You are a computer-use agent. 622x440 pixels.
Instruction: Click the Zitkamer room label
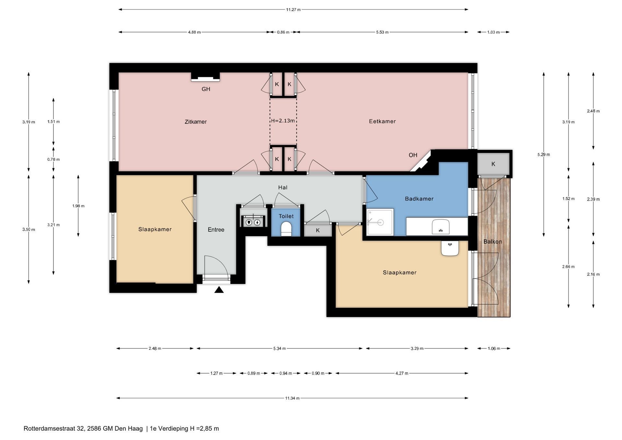tap(196, 122)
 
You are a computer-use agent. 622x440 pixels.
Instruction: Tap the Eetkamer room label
tap(382, 122)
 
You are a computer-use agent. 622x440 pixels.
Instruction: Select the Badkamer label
tap(419, 199)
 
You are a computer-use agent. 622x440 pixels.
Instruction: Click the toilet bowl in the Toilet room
tap(286, 228)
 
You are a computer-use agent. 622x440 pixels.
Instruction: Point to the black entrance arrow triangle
tap(219, 290)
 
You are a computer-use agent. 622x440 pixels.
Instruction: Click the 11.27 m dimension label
tap(293, 10)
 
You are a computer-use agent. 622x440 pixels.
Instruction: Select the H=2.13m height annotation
tap(283, 121)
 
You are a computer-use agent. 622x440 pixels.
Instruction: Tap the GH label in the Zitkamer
tap(206, 89)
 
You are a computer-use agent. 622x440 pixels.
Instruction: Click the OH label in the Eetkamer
tap(413, 155)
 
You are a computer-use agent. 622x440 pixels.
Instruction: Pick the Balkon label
tap(493, 241)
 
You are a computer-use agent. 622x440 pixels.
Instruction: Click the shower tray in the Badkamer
tap(380, 222)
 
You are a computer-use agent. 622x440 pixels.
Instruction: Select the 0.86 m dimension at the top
tap(283, 32)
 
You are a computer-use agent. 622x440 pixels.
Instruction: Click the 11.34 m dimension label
tap(292, 398)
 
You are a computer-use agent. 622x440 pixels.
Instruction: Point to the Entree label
tap(216, 230)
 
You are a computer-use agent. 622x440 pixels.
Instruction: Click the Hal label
tap(283, 188)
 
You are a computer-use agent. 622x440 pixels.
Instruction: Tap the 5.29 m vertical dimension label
tap(544, 155)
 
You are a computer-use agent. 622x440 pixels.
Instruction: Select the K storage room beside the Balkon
tap(493, 164)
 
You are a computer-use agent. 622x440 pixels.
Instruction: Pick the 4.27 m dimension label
tap(402, 373)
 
